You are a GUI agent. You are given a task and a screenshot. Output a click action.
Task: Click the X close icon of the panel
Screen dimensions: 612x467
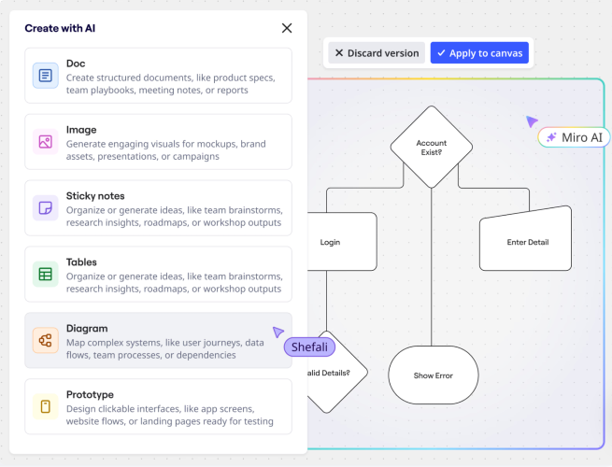coord(287,28)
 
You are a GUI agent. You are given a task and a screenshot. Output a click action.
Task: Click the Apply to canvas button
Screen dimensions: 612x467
coord(479,53)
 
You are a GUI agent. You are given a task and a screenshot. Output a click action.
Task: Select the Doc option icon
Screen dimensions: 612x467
coord(45,76)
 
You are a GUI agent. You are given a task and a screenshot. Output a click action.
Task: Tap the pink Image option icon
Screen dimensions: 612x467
coord(45,142)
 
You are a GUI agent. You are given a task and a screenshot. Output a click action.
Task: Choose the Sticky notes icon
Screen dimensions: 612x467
coord(45,208)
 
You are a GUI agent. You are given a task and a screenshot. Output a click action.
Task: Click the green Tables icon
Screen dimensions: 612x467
coord(45,275)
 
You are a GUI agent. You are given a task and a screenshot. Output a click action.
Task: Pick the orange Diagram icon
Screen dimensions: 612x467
coord(45,340)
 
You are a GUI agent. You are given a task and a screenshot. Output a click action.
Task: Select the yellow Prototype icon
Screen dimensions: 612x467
coord(45,406)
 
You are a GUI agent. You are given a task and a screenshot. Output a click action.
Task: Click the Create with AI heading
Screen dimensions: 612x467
coord(60,28)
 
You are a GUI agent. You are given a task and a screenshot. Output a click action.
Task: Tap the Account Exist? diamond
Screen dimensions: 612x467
coord(432,147)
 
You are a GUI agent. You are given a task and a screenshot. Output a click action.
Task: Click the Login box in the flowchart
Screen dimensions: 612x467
coord(342,242)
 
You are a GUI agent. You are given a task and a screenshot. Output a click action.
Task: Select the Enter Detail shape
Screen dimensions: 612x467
coord(525,239)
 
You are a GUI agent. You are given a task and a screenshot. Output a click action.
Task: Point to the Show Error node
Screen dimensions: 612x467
coord(434,375)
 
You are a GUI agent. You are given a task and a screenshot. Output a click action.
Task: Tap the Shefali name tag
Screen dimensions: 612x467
coord(309,347)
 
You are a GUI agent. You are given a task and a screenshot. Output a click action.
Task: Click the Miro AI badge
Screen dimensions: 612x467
coord(574,137)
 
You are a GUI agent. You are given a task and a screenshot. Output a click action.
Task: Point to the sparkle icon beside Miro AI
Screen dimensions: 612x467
coord(551,137)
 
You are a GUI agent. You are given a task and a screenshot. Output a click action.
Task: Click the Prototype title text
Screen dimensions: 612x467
coord(90,394)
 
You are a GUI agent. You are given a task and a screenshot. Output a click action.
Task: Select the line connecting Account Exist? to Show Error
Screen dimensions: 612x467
coord(432,267)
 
